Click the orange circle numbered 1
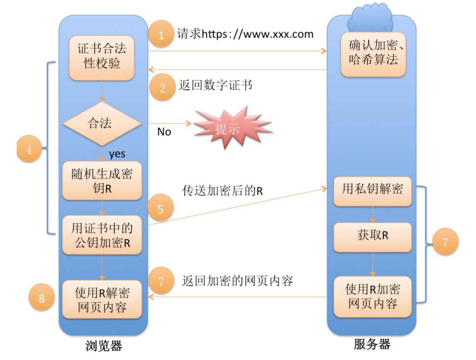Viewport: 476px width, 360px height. click(161, 34)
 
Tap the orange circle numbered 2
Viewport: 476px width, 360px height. click(162, 87)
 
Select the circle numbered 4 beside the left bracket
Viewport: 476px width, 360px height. click(29, 149)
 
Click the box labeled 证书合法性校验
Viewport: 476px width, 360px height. click(102, 57)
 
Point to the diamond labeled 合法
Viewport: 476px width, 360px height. click(102, 124)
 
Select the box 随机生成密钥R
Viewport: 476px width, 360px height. click(102, 181)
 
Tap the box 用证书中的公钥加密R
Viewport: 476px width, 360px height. click(102, 235)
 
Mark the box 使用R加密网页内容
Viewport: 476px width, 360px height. click(372, 297)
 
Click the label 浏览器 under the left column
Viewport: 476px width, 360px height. click(104, 345)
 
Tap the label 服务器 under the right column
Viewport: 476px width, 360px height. click(372, 344)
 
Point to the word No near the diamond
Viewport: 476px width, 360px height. click(164, 132)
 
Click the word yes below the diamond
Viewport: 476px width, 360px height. click(117, 154)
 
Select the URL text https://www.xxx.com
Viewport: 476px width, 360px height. click(257, 34)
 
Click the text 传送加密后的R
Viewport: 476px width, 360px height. click(222, 191)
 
